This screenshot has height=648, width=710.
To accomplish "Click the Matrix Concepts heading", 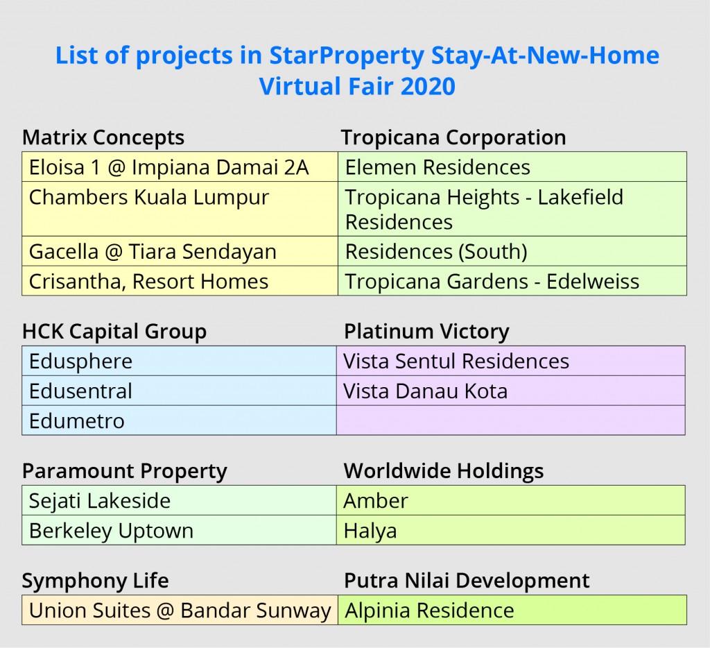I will [x=103, y=137].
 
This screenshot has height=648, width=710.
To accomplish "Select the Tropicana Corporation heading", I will [x=453, y=137].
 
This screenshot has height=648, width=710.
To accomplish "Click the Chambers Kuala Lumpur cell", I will [x=148, y=198].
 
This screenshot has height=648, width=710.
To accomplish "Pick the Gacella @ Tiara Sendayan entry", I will [x=153, y=251].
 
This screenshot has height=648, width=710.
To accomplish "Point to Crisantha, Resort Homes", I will [x=148, y=281].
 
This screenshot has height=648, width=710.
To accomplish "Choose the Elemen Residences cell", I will [x=438, y=167].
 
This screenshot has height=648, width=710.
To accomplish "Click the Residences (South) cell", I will [x=436, y=251].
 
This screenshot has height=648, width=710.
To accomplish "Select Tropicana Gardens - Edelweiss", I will [x=492, y=281].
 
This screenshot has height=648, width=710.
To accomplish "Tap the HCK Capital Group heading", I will [x=114, y=332].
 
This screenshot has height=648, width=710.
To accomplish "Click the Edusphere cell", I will [x=80, y=361].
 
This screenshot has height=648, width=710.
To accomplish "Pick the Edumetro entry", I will [x=76, y=420].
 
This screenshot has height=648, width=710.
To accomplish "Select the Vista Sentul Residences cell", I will [x=456, y=361].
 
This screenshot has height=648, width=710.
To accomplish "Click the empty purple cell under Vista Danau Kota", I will [x=510, y=420].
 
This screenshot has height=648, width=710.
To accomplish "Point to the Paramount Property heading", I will [x=125, y=471].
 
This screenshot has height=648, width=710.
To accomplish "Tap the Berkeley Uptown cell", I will [x=111, y=531].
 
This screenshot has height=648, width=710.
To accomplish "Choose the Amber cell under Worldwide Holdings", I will [x=376, y=500].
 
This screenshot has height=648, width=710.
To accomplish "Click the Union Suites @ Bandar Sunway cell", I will [x=180, y=611].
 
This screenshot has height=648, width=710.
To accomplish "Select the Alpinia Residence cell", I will [x=429, y=611].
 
